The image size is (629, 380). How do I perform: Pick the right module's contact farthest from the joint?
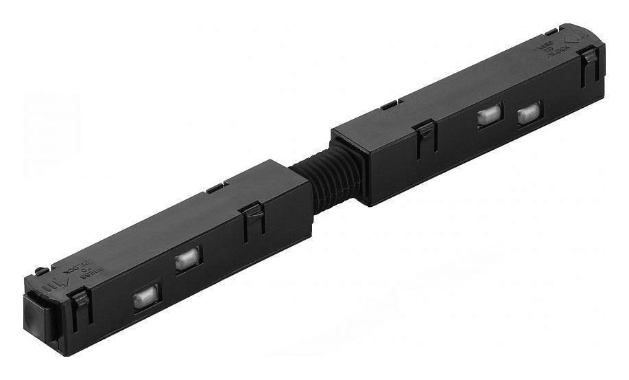coord(528,112)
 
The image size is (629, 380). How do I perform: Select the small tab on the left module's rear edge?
coord(215,186)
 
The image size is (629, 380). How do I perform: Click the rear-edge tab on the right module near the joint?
coord(389,105)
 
